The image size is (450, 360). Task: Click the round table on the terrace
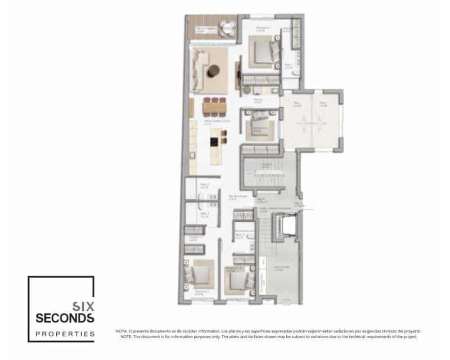227,26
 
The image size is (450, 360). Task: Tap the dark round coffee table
214,71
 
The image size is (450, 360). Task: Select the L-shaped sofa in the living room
200,67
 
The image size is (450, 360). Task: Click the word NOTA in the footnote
121,331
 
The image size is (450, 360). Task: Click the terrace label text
204,28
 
